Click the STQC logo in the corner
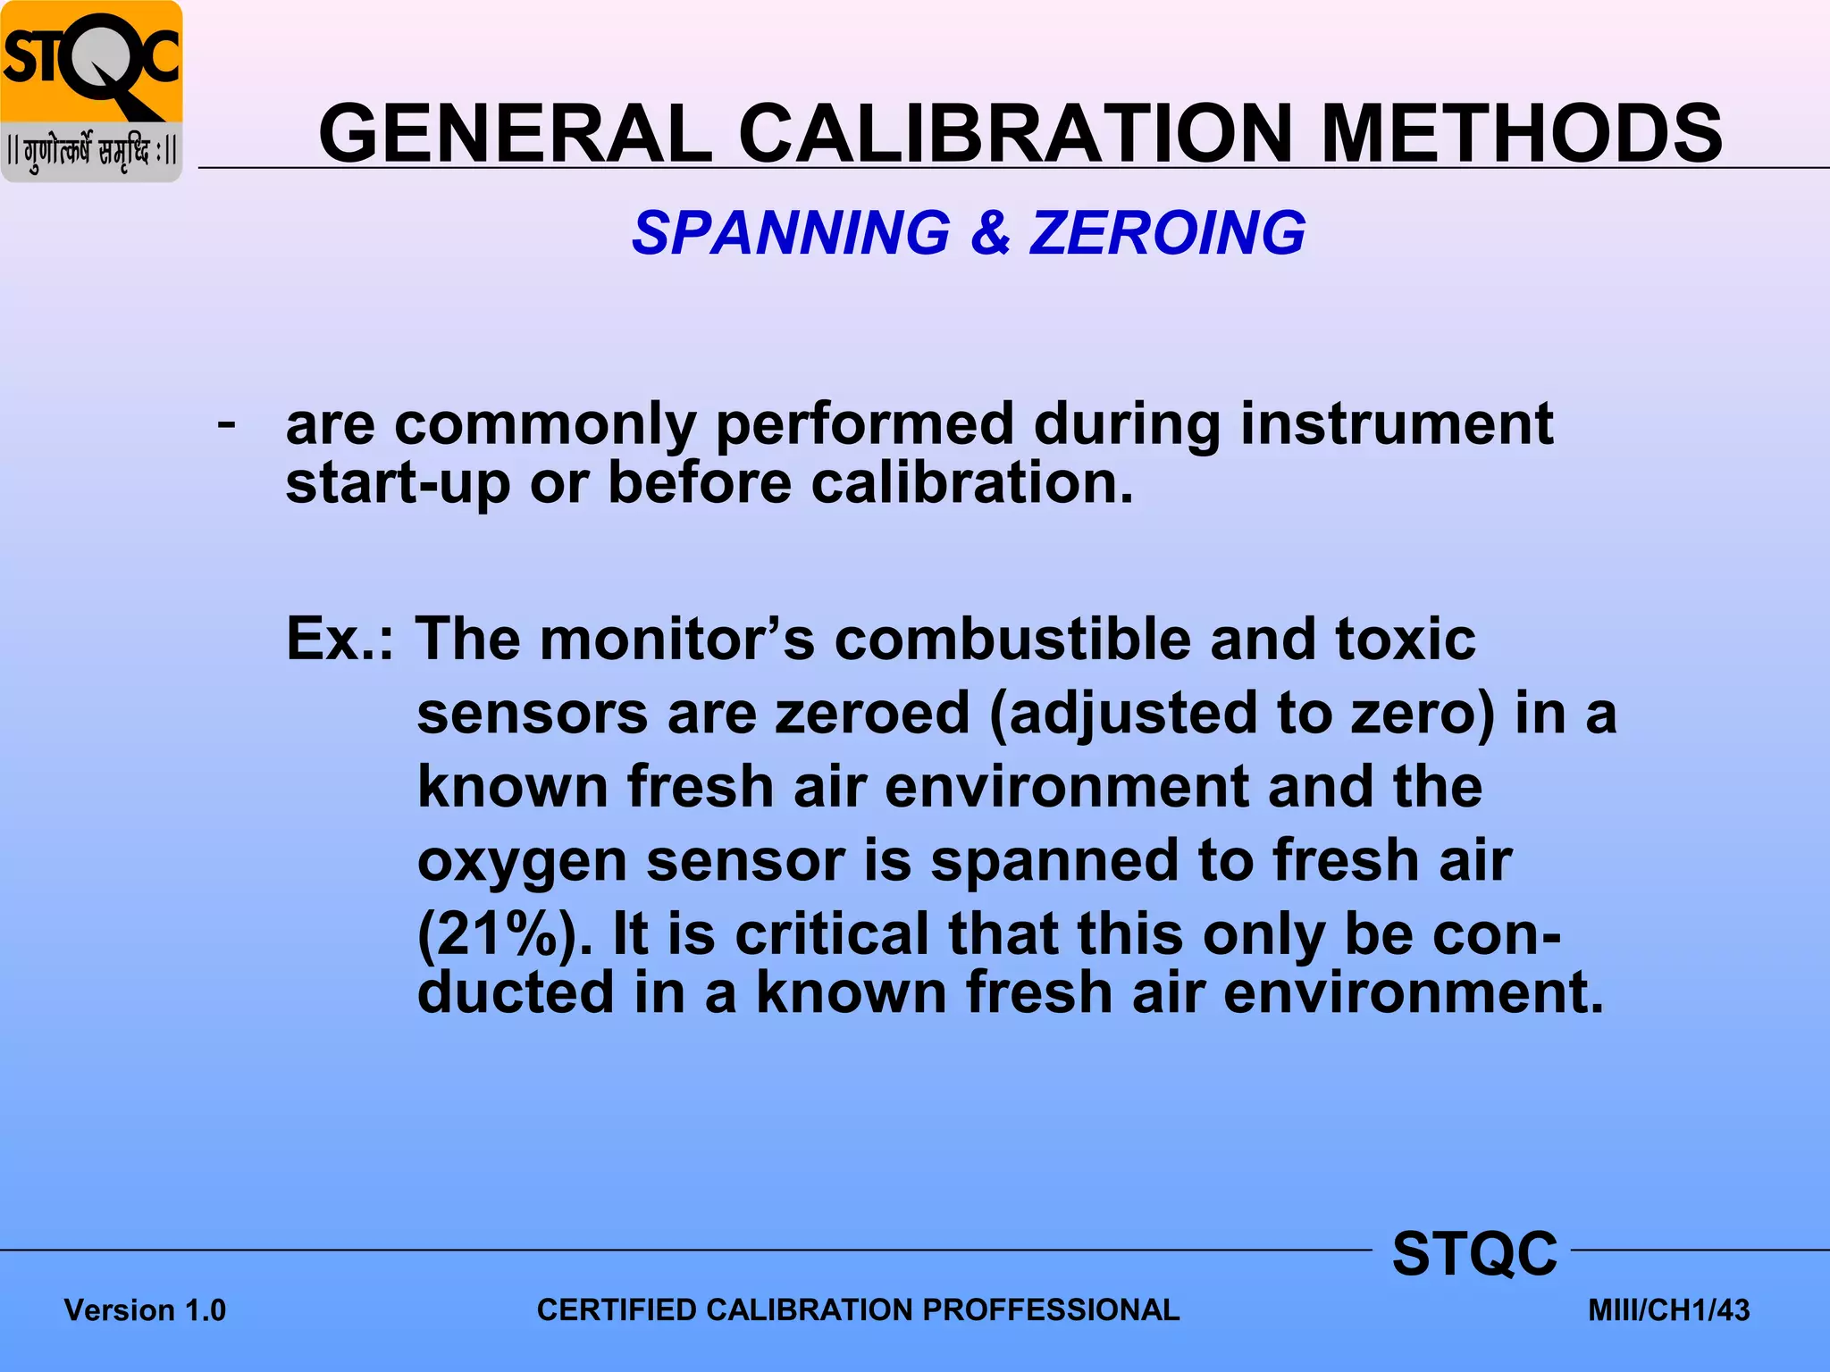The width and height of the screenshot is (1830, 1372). (x=91, y=91)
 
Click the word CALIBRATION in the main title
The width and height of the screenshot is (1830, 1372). (x=1015, y=134)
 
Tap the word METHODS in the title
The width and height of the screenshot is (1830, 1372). (x=1521, y=134)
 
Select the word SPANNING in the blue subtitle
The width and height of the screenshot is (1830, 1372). (x=791, y=233)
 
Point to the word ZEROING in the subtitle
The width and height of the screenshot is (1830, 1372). (x=1167, y=233)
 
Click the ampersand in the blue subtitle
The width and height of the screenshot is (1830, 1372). (x=989, y=233)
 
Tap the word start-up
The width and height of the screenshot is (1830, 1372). (x=398, y=483)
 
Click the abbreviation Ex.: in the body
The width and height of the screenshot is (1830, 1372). (x=340, y=640)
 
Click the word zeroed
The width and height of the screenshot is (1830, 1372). (x=872, y=713)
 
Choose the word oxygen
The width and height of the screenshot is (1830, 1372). (x=522, y=862)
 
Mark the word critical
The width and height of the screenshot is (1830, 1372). (x=831, y=933)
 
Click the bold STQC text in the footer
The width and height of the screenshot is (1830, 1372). (x=1474, y=1253)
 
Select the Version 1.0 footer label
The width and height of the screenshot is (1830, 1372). (x=145, y=1310)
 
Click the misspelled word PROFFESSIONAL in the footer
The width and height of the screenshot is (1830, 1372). (x=1051, y=1309)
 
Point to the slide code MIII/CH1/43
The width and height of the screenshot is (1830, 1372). (x=1668, y=1310)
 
